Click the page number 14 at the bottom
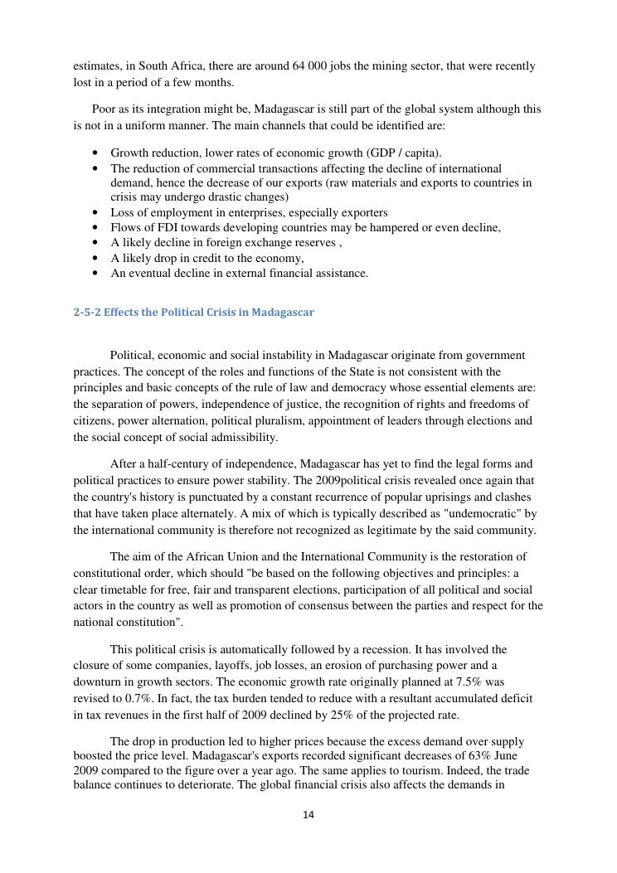point(308,815)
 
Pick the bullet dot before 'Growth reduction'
point(96,153)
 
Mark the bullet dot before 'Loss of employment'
point(96,212)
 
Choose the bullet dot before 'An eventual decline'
point(96,273)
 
